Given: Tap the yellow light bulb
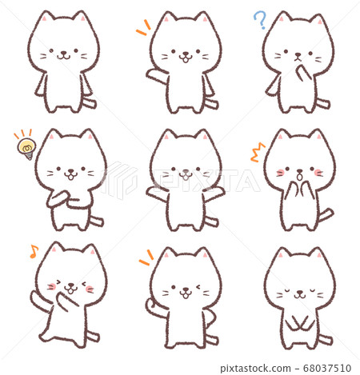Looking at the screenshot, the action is pyautogui.click(x=27, y=149).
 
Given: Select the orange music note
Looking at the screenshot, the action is pyautogui.click(x=34, y=251).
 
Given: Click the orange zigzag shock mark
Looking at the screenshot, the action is pyautogui.click(x=258, y=153).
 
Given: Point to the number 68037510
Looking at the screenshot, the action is pyautogui.click(x=327, y=369).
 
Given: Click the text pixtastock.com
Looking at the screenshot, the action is pyautogui.click(x=255, y=369).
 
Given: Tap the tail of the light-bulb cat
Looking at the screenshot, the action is pyautogui.click(x=96, y=221).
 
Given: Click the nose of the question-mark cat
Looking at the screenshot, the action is pyautogui.click(x=298, y=55).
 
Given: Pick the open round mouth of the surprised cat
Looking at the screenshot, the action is pyautogui.click(x=300, y=176).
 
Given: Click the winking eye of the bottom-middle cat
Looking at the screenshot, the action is pyautogui.click(x=198, y=287).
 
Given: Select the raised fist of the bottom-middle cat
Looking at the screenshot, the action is pyautogui.click(x=151, y=306).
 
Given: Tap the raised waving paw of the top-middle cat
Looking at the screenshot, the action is pyautogui.click(x=154, y=74).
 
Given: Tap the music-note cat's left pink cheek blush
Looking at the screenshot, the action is pyautogui.click(x=52, y=286).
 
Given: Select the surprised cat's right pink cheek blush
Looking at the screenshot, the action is pyautogui.click(x=318, y=172).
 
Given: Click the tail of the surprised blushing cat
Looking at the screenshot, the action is pyautogui.click(x=326, y=215).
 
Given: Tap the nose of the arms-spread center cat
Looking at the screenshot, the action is pyautogui.click(x=186, y=171).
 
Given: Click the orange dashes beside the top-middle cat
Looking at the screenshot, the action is pyautogui.click(x=143, y=27).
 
